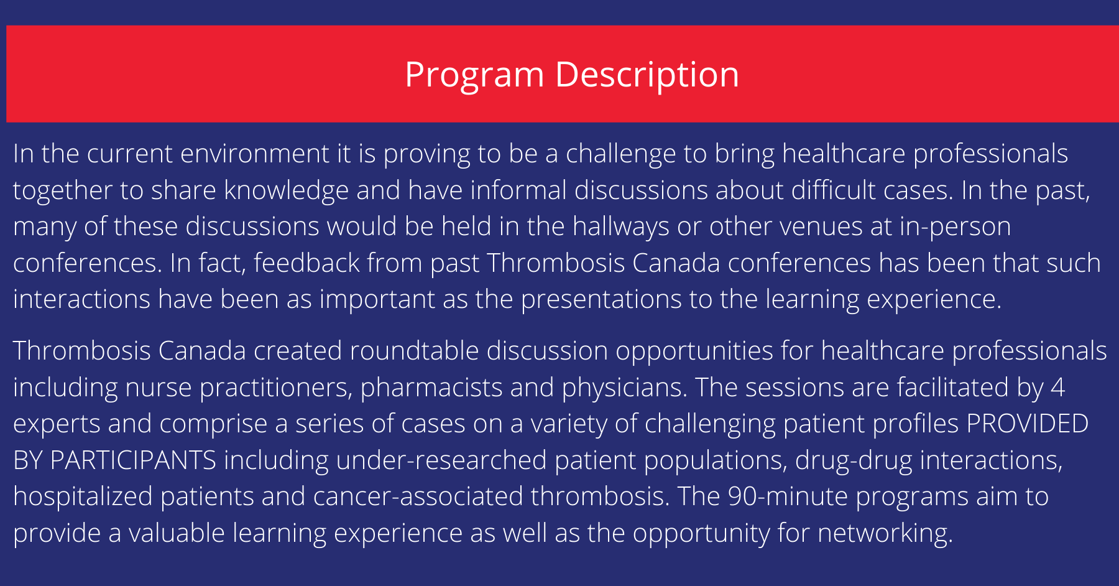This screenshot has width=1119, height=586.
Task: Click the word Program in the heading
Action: pos(474,75)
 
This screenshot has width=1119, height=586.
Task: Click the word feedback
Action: pos(306,263)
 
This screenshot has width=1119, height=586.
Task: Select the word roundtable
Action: pos(414,351)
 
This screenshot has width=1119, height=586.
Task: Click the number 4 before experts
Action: pos(1057,388)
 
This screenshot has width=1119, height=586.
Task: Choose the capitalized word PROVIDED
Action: pos(1027,424)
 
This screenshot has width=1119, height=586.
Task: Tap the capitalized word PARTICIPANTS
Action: pos(133,460)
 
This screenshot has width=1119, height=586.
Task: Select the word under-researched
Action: pos(441,460)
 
